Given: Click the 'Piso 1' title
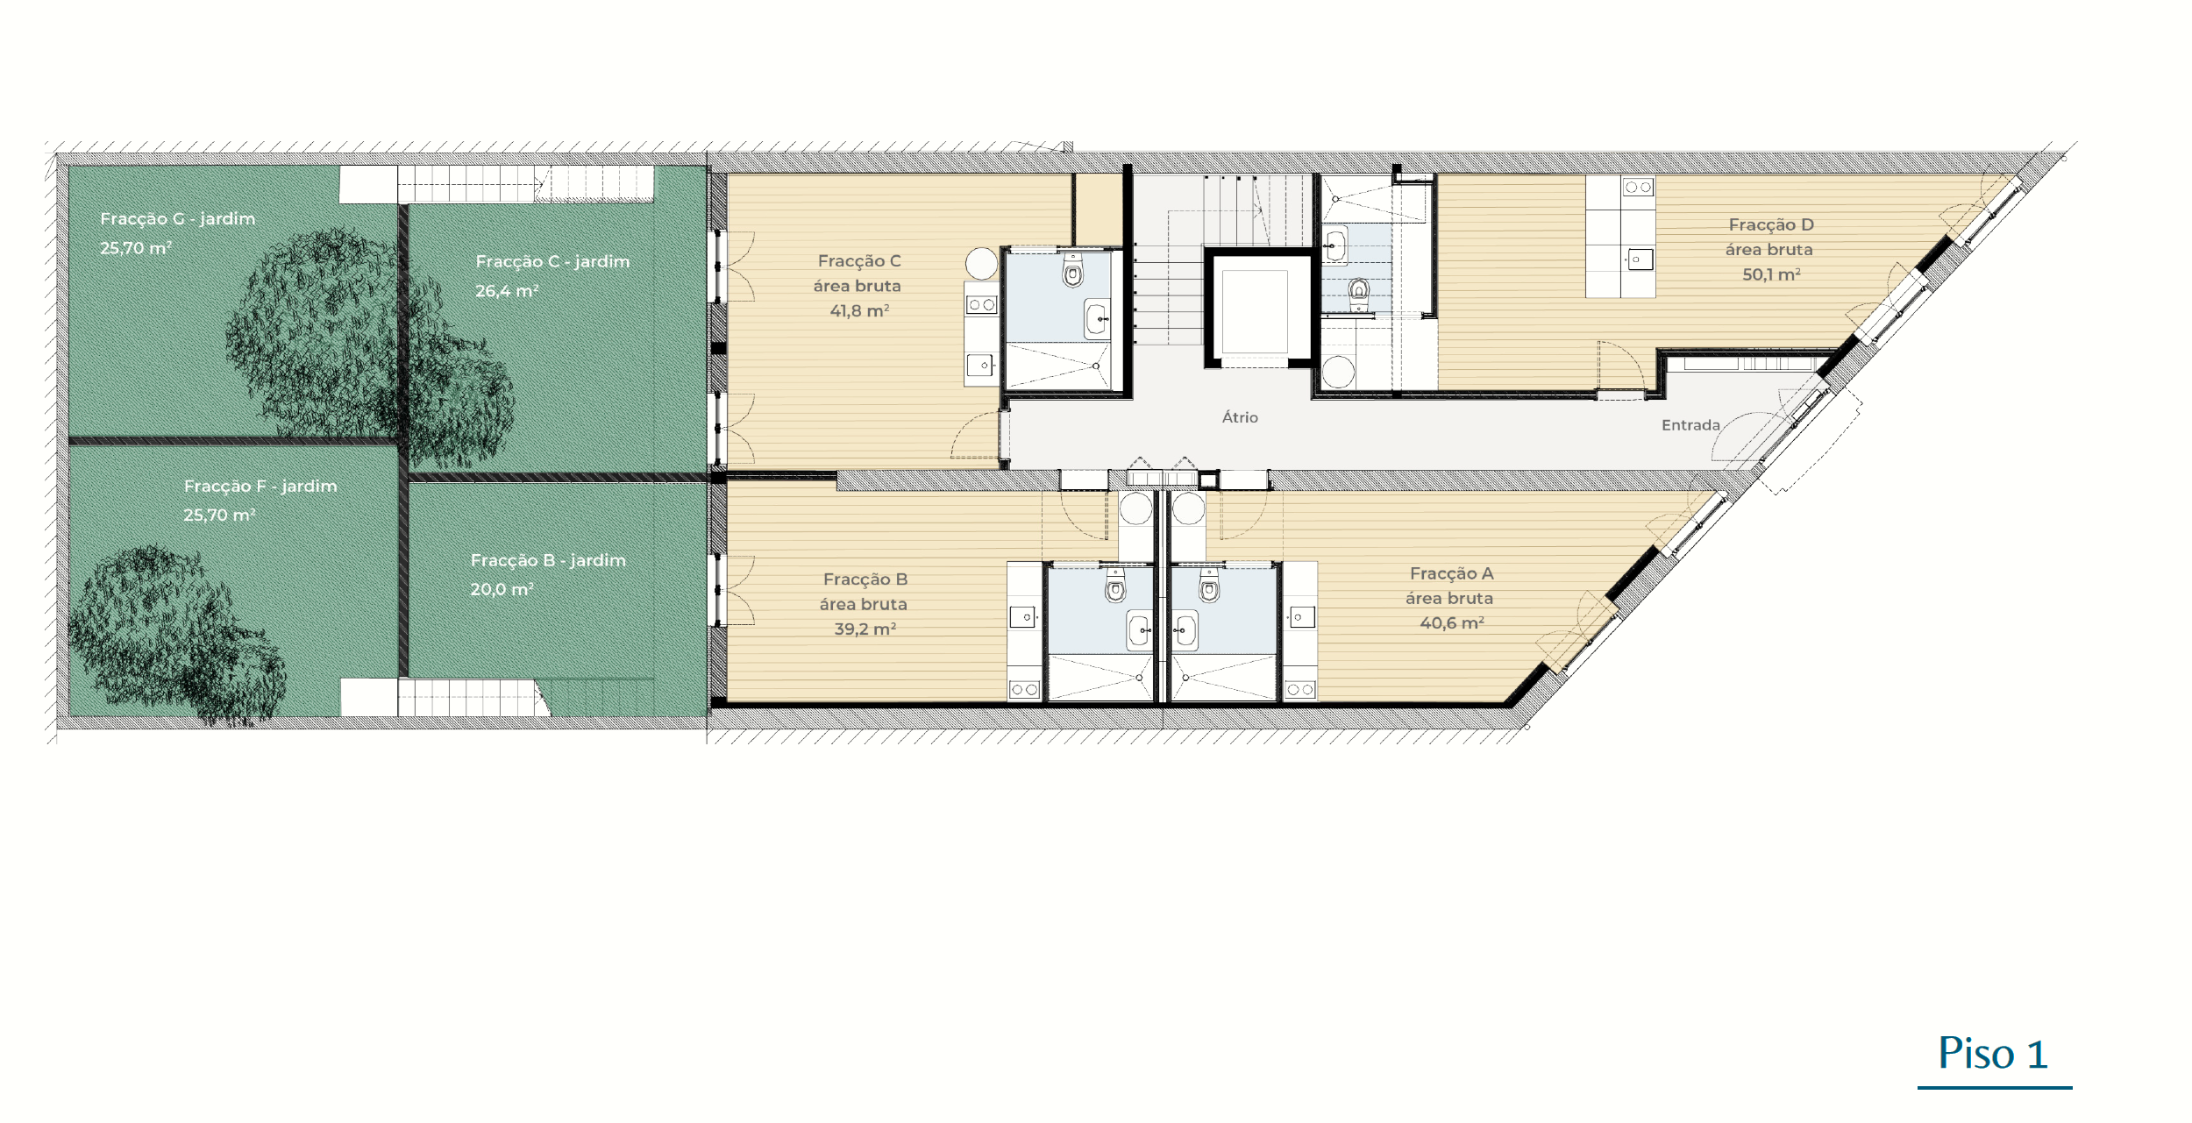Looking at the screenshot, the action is point(1993,1054).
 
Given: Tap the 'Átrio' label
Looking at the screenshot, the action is point(1240,417).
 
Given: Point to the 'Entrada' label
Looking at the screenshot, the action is point(1690,425).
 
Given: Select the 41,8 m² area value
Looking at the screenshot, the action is point(859,310).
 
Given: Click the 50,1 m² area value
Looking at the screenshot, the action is point(1771,274).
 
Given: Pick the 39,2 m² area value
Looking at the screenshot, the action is point(865,629).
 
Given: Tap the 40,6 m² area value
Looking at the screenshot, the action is point(1452,622).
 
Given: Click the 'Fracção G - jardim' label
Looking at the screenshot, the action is point(177,218).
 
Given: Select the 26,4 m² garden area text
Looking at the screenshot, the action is point(507,290).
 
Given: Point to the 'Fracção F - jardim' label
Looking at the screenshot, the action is point(260,486).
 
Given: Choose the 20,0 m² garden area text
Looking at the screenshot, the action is point(502,589).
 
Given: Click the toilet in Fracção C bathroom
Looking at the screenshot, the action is point(1072,271).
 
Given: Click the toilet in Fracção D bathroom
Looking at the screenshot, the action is point(1359,290).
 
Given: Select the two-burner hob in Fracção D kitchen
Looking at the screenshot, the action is point(1638,187).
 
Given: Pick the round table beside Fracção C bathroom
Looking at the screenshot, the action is point(982,263).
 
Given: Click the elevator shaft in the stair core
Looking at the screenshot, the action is point(1255,311).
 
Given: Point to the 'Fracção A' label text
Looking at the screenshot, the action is point(1451,573).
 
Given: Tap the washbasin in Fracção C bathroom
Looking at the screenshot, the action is point(1097,318).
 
